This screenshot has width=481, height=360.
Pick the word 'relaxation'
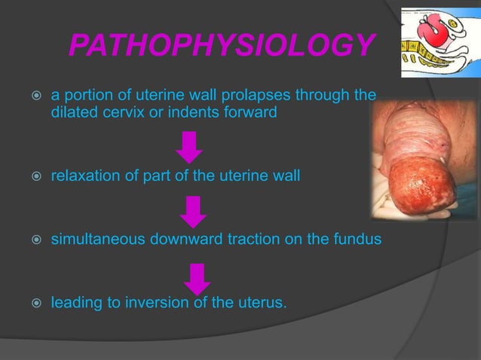click(82, 176)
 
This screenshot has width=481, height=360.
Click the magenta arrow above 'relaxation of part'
click(189, 146)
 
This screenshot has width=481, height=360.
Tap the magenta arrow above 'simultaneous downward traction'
click(194, 211)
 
